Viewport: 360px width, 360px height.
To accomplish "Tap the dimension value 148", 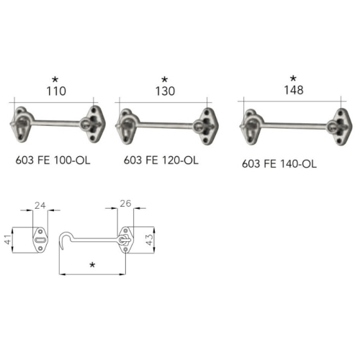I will click(x=292, y=91).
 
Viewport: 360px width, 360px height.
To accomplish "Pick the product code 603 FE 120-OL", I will click(x=161, y=161).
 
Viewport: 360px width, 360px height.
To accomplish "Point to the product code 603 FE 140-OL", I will click(x=279, y=163).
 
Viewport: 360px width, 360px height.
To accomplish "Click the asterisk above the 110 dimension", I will click(x=55, y=78).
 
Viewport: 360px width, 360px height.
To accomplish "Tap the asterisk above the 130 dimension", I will click(x=164, y=78).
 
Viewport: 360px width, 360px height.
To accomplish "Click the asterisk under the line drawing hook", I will click(x=92, y=266).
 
